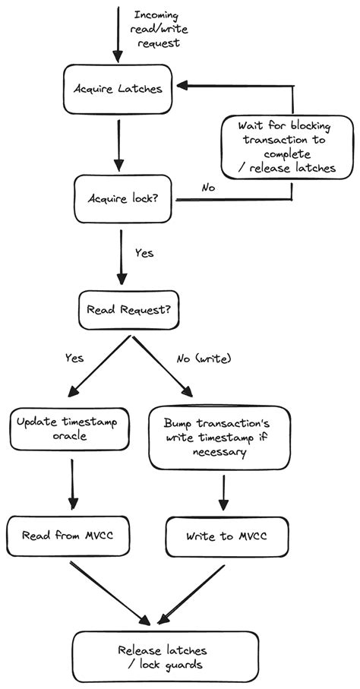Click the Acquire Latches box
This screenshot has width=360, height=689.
tap(118, 89)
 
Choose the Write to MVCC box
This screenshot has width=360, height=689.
tap(226, 536)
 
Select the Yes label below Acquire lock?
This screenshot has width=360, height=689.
tap(144, 252)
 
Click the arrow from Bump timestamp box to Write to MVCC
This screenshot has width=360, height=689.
tap(223, 492)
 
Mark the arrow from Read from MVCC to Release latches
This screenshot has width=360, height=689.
tap(110, 592)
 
